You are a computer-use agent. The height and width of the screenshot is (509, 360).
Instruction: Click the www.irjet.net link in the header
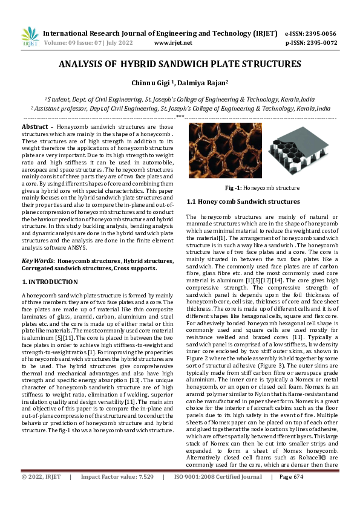173,43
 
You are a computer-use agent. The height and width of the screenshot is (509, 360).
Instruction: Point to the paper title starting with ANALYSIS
180,63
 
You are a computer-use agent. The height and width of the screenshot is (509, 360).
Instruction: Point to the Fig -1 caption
262,188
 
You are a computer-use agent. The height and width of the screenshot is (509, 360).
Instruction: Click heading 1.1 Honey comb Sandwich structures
244,201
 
